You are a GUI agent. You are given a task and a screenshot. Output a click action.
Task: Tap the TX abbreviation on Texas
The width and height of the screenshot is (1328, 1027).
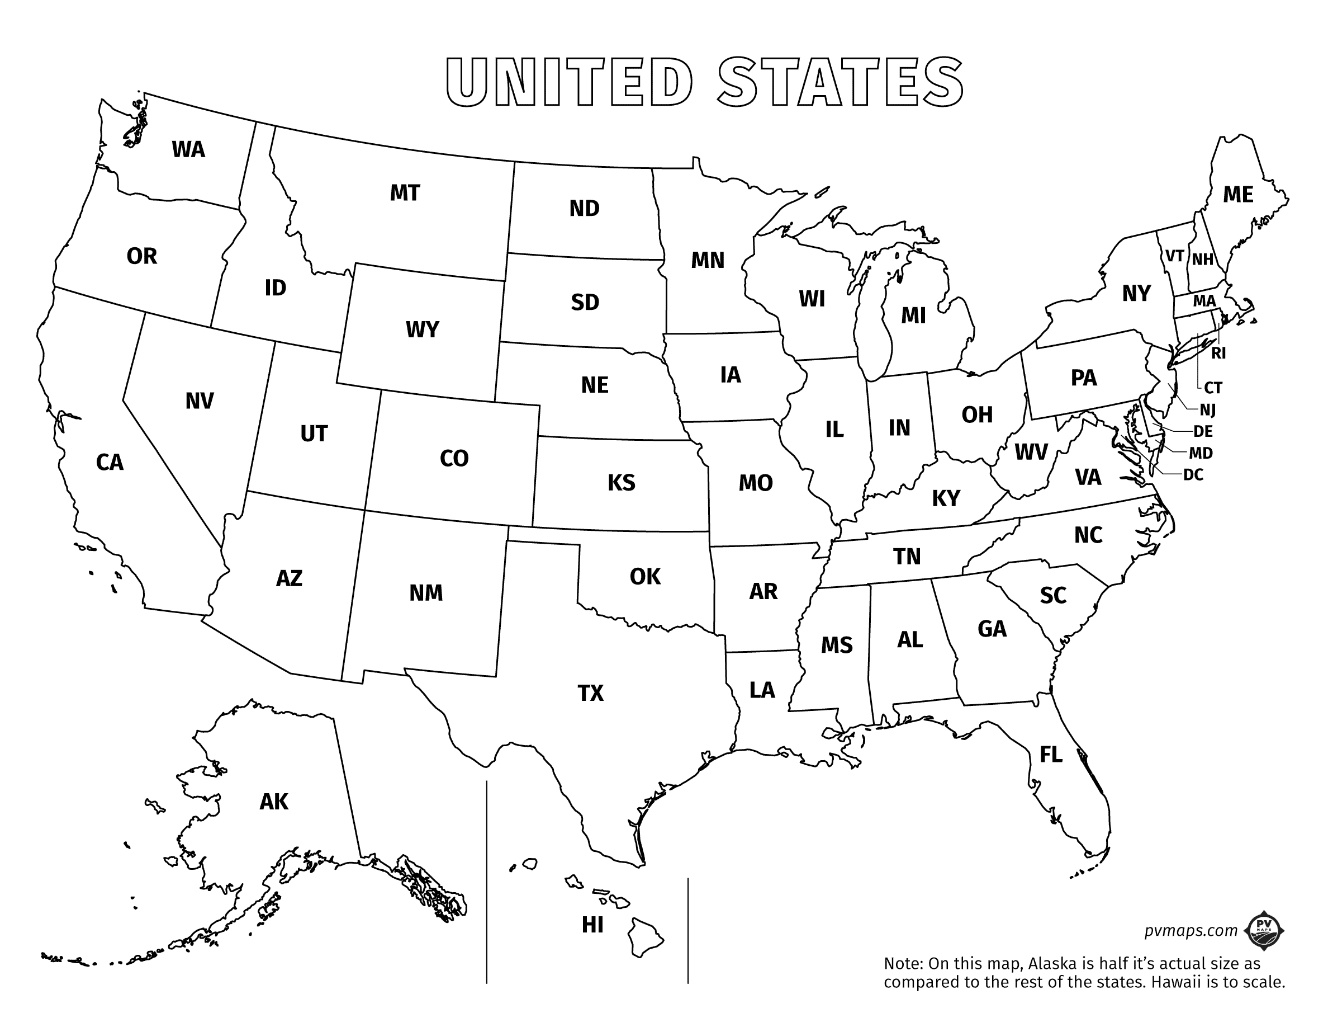pos(590,693)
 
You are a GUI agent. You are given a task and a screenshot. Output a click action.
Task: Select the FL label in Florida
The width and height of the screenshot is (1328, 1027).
pos(1051,755)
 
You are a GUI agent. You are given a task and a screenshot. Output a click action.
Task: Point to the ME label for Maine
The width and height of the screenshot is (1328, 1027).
pos(1238,195)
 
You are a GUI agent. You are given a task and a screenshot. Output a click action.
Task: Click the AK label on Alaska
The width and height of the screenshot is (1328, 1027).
pos(274,802)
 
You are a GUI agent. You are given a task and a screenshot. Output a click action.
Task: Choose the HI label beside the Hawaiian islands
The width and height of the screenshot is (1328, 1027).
pos(592,925)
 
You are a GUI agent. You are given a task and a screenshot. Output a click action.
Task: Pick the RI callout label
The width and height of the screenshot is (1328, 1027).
pos(1218,353)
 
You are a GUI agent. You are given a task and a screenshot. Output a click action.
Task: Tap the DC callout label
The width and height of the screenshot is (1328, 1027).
pos(1193,474)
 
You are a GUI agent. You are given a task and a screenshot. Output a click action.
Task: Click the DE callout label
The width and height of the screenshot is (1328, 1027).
pos(1203,431)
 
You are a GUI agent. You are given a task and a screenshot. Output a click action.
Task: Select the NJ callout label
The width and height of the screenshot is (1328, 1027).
pos(1208,410)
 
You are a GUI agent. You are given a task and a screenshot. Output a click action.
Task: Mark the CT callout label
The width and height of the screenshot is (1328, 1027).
pos(1213,388)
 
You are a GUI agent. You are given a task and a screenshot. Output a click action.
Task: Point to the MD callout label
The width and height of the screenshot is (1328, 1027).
pos(1201,453)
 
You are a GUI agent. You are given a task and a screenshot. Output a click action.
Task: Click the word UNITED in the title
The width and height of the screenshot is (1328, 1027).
pos(569,83)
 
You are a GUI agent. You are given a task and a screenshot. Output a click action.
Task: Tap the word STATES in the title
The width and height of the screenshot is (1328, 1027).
pos(840,83)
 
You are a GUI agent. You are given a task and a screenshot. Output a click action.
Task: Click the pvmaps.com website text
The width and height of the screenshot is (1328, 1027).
pos(1191,930)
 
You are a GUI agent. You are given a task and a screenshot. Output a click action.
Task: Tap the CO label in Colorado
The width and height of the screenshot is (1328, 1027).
pos(454,458)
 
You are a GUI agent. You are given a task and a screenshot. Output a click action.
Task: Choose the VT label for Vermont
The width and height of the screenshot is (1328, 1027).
pos(1174,256)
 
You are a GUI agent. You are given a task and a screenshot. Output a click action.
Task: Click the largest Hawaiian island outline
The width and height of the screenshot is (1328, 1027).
pos(644,938)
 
